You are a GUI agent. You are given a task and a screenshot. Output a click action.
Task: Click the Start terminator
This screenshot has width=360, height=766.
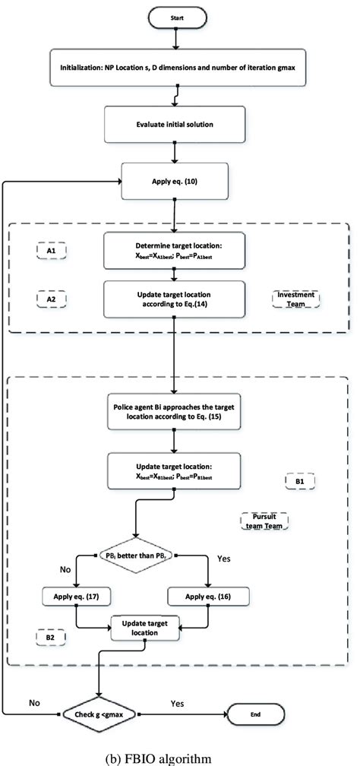coord(175,15)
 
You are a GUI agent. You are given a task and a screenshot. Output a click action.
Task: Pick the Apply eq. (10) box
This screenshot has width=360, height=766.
coord(175,183)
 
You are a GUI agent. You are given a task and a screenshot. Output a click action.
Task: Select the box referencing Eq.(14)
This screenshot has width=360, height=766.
coord(175,299)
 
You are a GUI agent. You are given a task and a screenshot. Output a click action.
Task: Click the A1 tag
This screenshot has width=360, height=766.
coord(52,248)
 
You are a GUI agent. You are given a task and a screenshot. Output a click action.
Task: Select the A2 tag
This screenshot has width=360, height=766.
coord(52,299)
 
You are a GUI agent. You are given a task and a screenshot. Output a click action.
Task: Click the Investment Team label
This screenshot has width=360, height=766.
coord(296,299)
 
